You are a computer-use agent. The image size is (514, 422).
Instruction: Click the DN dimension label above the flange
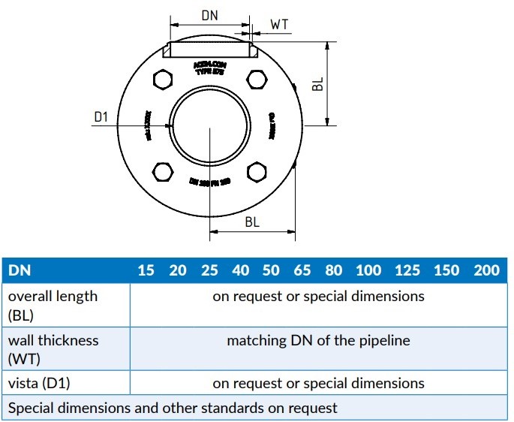click(x=211, y=14)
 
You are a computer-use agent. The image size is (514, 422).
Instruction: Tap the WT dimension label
click(x=279, y=25)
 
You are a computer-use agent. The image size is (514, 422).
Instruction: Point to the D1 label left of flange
click(x=102, y=116)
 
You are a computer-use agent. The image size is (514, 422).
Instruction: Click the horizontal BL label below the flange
click(x=252, y=222)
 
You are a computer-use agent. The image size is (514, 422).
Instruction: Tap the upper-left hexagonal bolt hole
click(x=163, y=80)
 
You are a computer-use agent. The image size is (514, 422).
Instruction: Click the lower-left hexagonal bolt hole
click(x=163, y=172)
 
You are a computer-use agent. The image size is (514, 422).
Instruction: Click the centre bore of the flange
click(x=209, y=125)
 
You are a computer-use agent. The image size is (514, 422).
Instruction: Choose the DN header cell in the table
click(x=20, y=270)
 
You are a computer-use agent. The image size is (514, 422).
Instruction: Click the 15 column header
click(x=146, y=270)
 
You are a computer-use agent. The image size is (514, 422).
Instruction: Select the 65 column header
click(x=302, y=270)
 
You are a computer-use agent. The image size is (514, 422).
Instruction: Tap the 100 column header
click(x=368, y=270)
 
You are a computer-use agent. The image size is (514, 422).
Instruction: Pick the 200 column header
click(x=486, y=270)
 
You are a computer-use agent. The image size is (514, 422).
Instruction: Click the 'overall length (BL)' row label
click(x=53, y=304)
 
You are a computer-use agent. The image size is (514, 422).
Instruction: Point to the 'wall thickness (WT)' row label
click(x=53, y=348)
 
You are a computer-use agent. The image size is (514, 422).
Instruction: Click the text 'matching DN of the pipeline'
click(x=318, y=340)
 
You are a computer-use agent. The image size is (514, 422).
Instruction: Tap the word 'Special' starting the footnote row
click(x=32, y=408)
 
